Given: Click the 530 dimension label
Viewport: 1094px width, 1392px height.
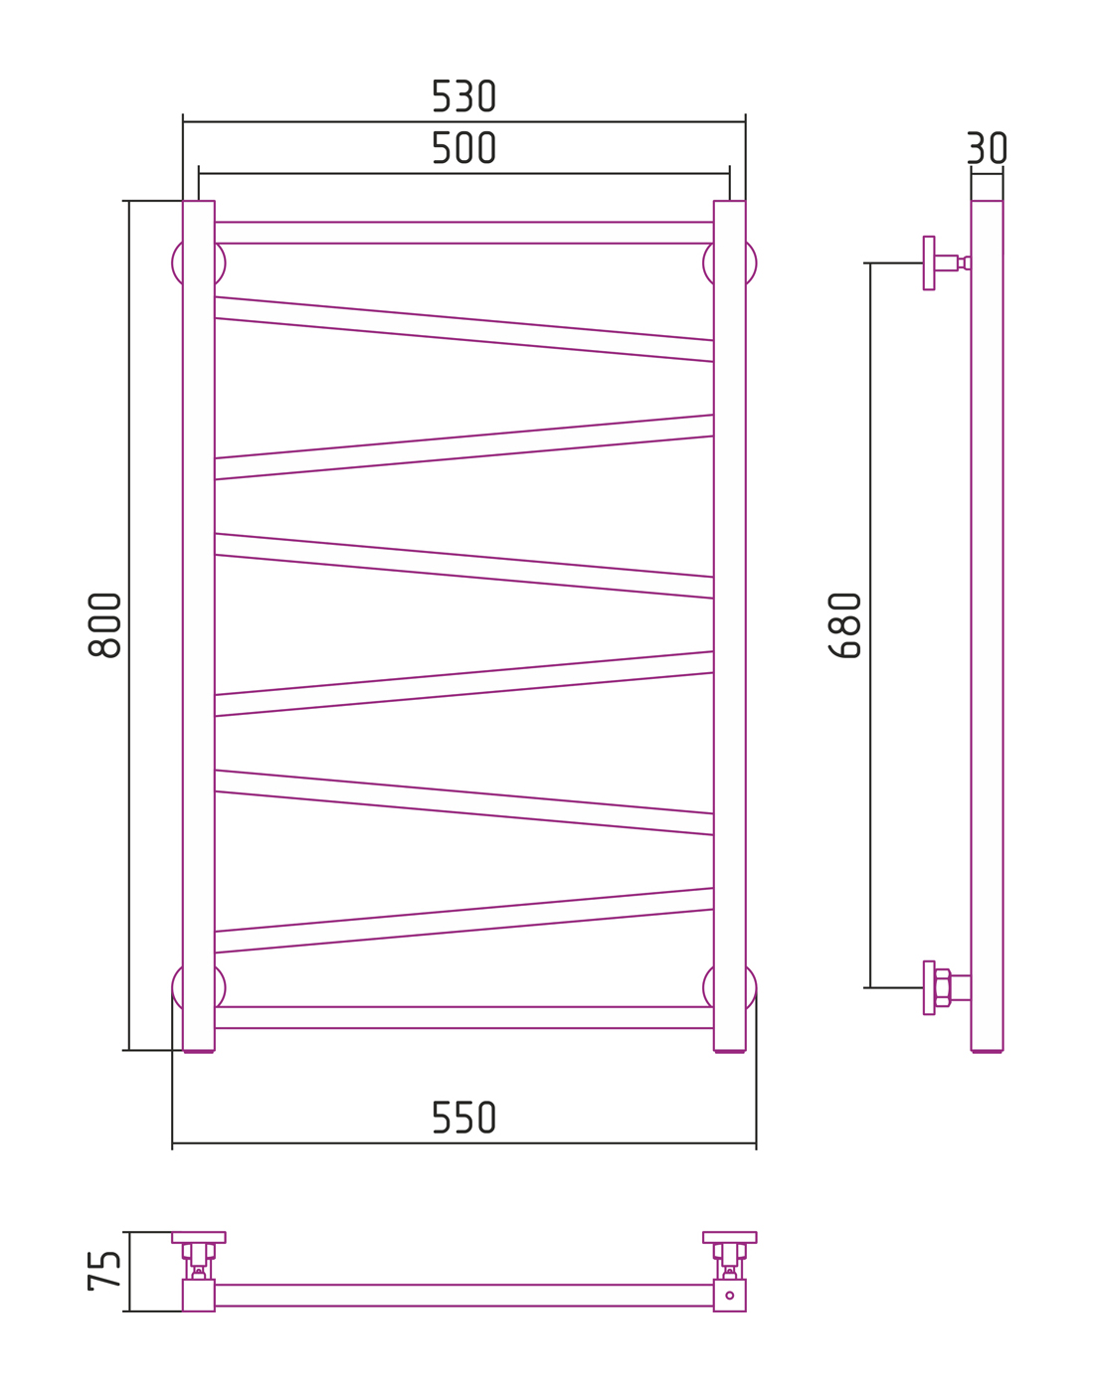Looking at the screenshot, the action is [463, 95].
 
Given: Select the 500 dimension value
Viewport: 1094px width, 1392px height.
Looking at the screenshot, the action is [463, 147].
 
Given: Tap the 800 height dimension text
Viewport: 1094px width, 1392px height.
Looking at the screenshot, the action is [104, 625].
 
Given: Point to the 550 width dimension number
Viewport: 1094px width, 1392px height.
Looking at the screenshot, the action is [463, 1118].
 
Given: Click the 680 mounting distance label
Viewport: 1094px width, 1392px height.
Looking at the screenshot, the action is [844, 625].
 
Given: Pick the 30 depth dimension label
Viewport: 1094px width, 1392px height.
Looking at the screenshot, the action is [987, 148].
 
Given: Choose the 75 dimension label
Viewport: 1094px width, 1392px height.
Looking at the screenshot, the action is [103, 1271].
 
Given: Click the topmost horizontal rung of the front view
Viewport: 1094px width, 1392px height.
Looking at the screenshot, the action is [463, 233].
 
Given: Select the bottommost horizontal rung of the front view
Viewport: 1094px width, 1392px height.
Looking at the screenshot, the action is [463, 1017].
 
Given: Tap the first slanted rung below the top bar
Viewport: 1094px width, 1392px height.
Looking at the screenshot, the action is [463, 329].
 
